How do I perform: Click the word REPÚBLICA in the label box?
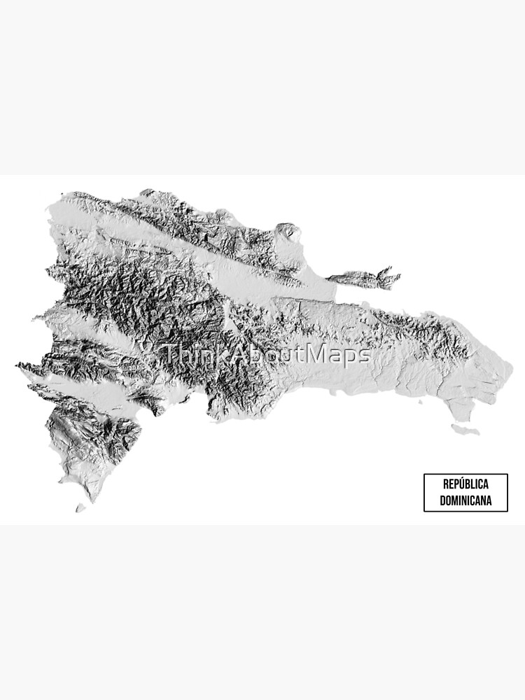[x=465, y=484]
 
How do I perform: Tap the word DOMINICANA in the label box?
[x=465, y=501]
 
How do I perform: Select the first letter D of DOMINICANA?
[x=442, y=501]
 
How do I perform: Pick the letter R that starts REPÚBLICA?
[x=445, y=484]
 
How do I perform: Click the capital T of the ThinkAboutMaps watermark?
[x=169, y=355]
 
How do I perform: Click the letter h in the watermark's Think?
[x=182, y=355]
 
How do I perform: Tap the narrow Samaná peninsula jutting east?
[x=364, y=279]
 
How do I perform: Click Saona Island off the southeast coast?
[x=465, y=427]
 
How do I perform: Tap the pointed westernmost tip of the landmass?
[x=17, y=365]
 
